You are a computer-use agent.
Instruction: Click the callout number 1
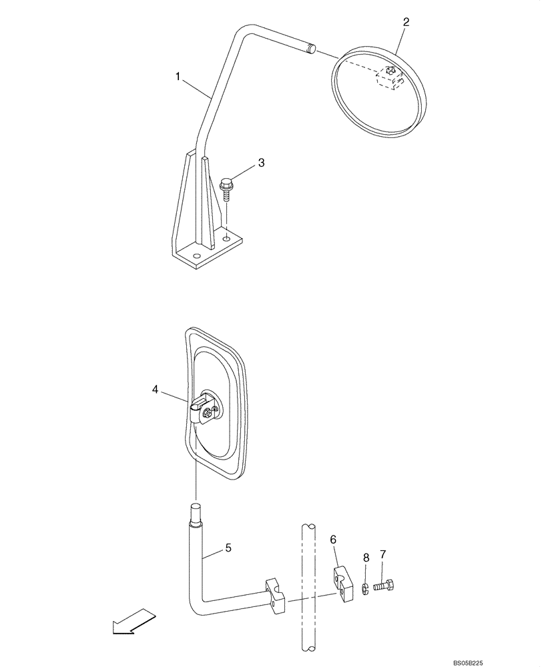pos(179,77)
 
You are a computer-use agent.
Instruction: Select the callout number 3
pos(262,163)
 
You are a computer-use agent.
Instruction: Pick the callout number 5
pos(228,548)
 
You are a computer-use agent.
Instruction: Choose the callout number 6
pos(334,538)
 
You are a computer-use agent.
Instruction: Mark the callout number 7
pos(382,555)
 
